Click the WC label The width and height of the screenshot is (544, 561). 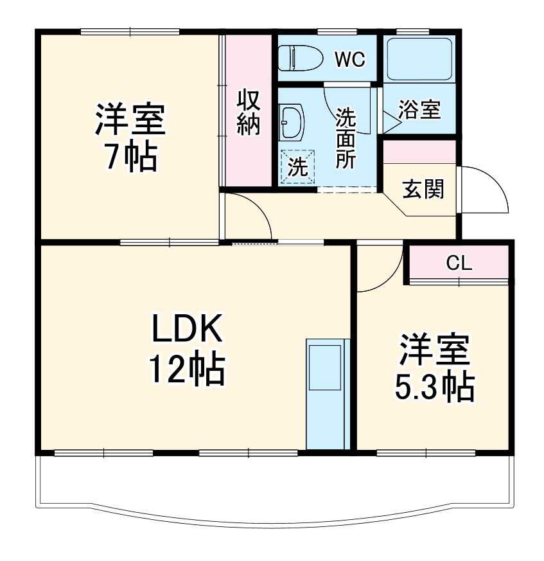349,59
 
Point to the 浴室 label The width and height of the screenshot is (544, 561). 419,110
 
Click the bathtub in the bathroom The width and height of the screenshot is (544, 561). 420,58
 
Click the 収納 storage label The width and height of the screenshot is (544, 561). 249,112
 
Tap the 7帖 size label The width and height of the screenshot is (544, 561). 131,156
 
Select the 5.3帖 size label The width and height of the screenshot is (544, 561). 434,386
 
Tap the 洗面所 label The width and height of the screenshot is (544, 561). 346,138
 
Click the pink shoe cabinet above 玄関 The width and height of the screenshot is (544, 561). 419,152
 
